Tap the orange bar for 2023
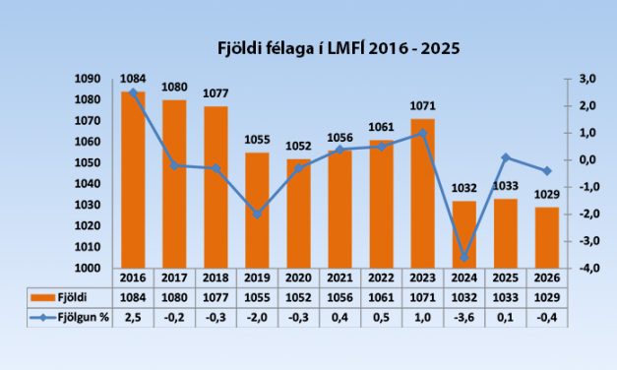tap(421, 193)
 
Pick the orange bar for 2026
tap(547, 237)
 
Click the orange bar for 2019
tap(257, 210)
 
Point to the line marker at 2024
tap(464, 258)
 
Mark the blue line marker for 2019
tap(257, 214)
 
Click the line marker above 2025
tap(506, 157)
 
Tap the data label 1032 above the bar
tap(463, 189)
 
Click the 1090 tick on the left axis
tap(91, 79)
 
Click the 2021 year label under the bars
tap(339, 277)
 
